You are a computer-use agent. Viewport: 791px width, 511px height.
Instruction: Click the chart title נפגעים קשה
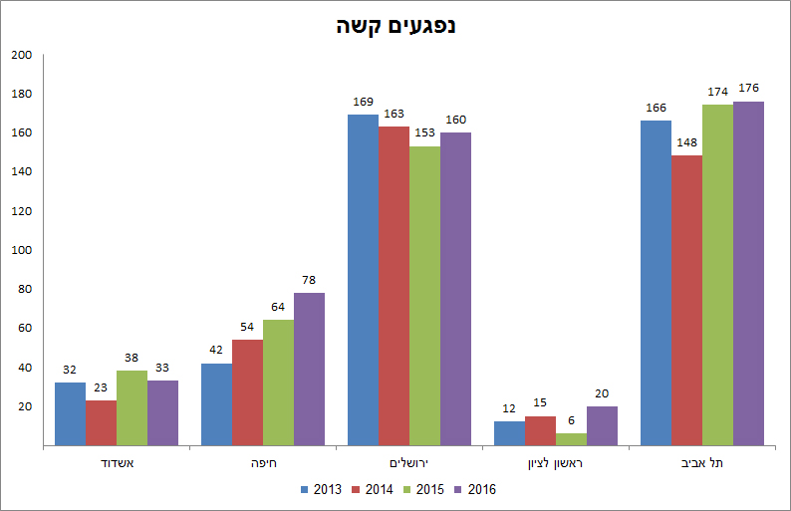[x=395, y=26]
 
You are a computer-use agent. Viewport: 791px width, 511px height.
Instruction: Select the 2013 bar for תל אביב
[x=656, y=283]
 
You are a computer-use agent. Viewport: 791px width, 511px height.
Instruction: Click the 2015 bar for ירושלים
[x=424, y=296]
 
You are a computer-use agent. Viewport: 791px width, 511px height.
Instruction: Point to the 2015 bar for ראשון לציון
[x=571, y=439]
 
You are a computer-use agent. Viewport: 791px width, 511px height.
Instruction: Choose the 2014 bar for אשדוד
[x=101, y=422]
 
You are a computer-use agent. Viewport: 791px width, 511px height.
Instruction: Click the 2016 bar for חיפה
[x=309, y=369]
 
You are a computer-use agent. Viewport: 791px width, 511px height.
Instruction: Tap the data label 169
[x=363, y=102]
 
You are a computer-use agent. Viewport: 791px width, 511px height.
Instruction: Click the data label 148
[x=686, y=142]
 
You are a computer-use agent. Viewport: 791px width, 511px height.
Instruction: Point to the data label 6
[x=571, y=420]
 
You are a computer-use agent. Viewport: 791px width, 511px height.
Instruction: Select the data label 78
[x=309, y=280]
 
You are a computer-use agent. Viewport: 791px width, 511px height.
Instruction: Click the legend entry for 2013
[x=321, y=489]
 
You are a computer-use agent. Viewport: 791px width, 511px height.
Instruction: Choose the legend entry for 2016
[x=474, y=489]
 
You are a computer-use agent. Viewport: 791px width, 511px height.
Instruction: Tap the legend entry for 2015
[x=423, y=489]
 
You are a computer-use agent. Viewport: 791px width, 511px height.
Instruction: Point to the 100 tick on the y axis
[x=22, y=250]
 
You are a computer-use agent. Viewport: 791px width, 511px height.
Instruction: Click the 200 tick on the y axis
[x=22, y=55]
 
